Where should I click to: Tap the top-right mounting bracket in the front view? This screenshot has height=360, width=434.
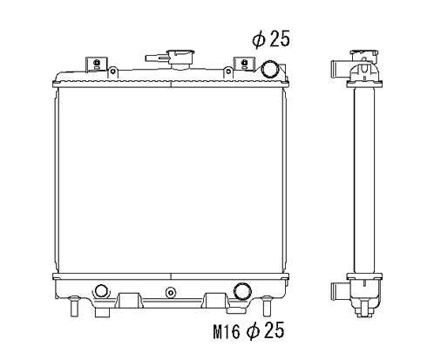coord(241,65)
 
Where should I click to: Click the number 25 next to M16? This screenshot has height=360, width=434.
coord(274,332)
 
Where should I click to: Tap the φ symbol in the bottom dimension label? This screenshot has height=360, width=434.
coord(253,332)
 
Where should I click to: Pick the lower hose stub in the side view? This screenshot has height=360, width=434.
coord(336,289)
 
